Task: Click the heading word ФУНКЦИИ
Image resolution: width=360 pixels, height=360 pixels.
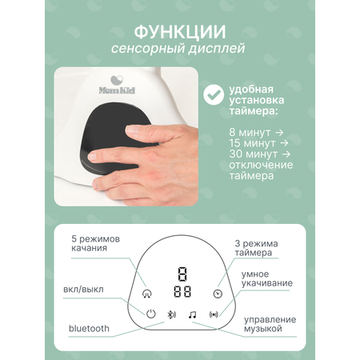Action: [180, 32]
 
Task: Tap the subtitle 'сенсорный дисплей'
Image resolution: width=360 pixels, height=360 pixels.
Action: [178, 49]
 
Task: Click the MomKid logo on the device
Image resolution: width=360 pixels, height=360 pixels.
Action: [117, 85]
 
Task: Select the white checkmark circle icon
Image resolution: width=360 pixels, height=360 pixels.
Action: [214, 94]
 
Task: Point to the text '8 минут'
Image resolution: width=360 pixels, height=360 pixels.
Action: [250, 132]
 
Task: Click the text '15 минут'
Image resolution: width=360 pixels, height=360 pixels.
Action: [252, 143]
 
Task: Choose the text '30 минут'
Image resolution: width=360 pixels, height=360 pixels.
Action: [253, 154]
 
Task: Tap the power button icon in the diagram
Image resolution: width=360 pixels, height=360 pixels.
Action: [151, 314]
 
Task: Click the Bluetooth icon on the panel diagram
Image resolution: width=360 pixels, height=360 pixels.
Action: [171, 314]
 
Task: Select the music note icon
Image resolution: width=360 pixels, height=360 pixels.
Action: [192, 314]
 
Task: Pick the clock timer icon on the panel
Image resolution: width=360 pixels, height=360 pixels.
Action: [218, 294]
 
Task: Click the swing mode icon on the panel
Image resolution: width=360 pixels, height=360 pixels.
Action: [147, 294]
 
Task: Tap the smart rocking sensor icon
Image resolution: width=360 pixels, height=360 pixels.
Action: [214, 314]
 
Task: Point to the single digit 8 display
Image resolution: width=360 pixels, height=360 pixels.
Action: [182, 274]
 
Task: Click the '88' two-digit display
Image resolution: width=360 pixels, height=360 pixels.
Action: [182, 292]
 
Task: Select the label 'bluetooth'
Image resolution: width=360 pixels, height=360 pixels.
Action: [89, 328]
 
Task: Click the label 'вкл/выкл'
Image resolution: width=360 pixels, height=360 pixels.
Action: [83, 290]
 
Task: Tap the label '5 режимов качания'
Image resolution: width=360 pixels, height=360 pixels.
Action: [95, 243]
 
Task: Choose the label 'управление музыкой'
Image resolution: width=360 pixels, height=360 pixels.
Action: [270, 324]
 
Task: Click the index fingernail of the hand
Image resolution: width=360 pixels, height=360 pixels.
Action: [133, 130]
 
